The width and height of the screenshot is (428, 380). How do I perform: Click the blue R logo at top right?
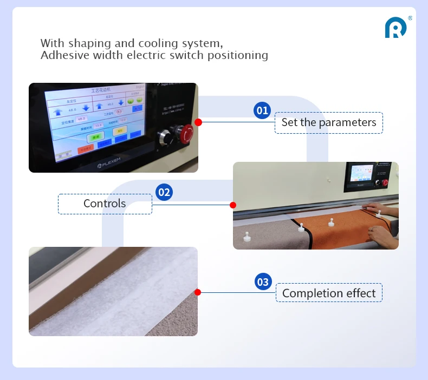[x=395, y=28]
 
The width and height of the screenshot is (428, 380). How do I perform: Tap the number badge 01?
[x=262, y=110]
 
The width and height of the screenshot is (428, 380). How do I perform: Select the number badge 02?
[x=164, y=192]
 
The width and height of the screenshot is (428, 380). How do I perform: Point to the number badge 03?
[x=263, y=281]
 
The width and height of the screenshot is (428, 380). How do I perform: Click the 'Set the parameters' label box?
[x=329, y=123]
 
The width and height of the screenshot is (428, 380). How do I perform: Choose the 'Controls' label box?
[x=105, y=204]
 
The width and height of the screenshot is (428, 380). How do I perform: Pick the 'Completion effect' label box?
[x=329, y=293]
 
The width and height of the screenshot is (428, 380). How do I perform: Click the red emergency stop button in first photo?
[x=186, y=133]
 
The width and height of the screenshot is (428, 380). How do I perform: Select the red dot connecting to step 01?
[x=198, y=122]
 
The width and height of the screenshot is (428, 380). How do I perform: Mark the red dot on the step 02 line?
[x=233, y=205]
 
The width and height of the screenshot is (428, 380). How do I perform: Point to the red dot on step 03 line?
[x=198, y=292]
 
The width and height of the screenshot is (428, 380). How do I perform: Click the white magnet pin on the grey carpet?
[x=247, y=237]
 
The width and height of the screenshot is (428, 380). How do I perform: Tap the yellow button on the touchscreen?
[x=120, y=130]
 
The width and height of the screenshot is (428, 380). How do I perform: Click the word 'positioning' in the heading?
[x=237, y=55]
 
